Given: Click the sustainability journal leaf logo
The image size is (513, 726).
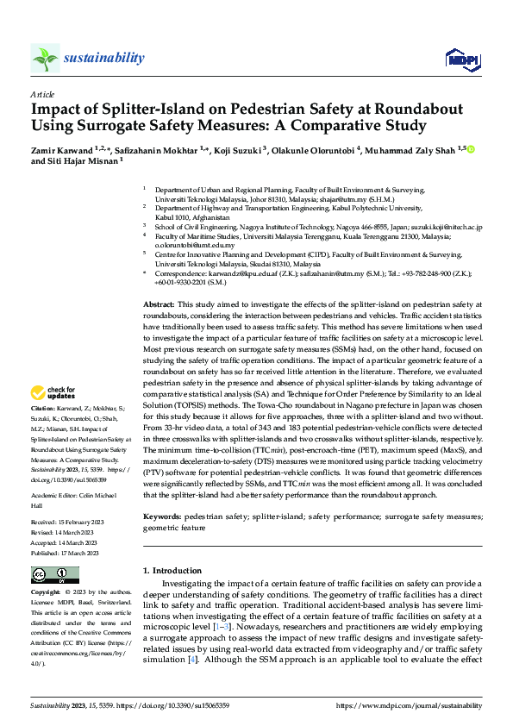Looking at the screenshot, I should (46, 59).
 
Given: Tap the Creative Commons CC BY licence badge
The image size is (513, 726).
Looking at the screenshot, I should (50, 574).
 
